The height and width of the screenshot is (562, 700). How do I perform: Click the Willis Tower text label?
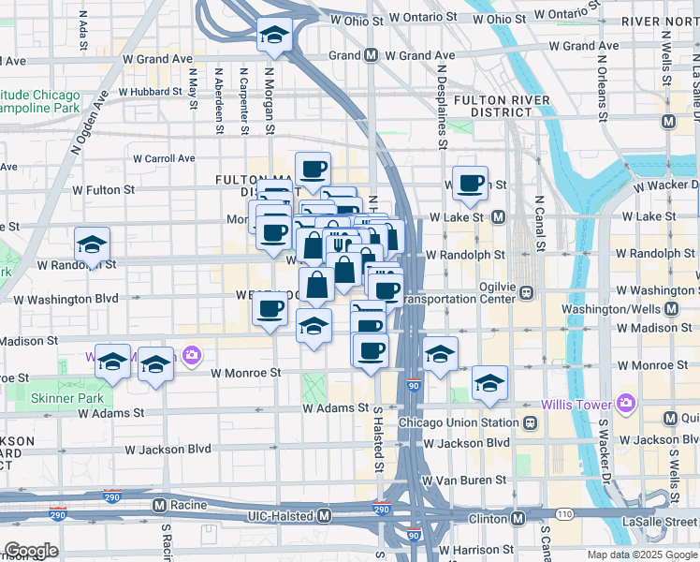(576, 405)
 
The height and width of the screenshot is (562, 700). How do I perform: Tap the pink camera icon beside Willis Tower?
(625, 405)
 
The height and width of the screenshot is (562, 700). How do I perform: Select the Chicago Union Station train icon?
(530, 422)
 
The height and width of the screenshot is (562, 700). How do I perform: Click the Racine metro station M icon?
(159, 505)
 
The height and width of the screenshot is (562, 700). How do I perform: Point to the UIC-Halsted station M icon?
(324, 516)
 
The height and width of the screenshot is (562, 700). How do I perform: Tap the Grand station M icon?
(372, 55)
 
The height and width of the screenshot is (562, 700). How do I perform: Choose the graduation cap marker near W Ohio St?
(274, 36)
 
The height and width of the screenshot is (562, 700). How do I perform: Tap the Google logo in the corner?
(31, 551)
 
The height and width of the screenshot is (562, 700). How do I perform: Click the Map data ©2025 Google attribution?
(642, 555)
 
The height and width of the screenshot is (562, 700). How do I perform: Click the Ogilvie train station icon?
(526, 292)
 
